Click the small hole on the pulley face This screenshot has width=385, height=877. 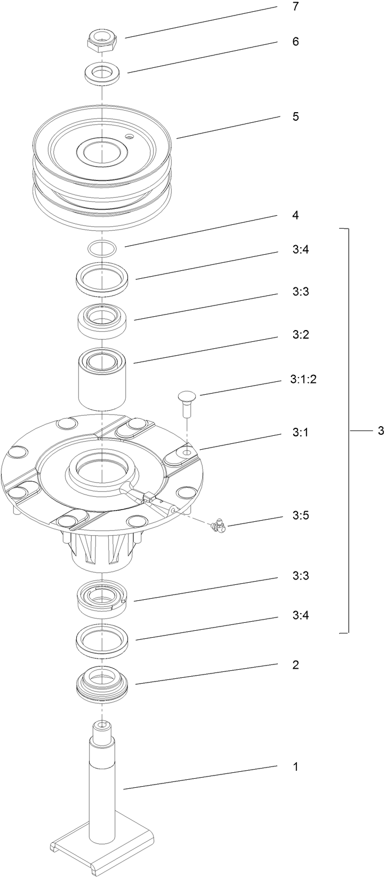pyautogui.click(x=128, y=137)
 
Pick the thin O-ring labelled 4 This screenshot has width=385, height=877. pyautogui.click(x=101, y=248)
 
